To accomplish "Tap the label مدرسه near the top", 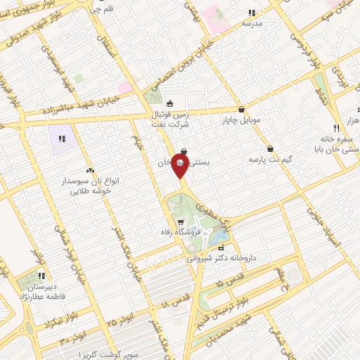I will (x=252, y=23).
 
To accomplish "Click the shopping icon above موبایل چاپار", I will (x=242, y=110).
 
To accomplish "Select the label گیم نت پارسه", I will (x=264, y=160).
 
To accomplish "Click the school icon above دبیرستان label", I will (x=41, y=276).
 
